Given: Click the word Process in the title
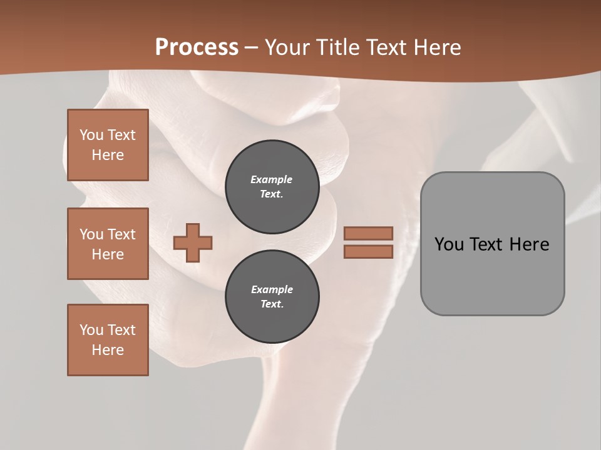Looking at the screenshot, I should (197, 47).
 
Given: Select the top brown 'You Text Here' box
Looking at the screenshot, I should (108, 145).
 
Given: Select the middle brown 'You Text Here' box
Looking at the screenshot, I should (108, 244).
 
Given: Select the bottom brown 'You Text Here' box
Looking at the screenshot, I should (108, 340).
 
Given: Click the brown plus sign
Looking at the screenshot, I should (193, 242).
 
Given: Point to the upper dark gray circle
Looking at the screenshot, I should (272, 186).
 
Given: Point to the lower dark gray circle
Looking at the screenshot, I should (272, 296).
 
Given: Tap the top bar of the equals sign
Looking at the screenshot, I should (369, 234).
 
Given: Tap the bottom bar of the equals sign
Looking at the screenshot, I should (369, 252).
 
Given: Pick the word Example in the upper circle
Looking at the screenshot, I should (271, 179).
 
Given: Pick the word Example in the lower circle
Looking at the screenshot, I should (272, 289).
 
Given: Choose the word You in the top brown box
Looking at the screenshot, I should (91, 135).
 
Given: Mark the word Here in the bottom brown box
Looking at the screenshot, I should (108, 350).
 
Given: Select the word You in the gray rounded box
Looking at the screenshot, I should (448, 244).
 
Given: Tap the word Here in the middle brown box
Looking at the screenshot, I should (108, 254).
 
